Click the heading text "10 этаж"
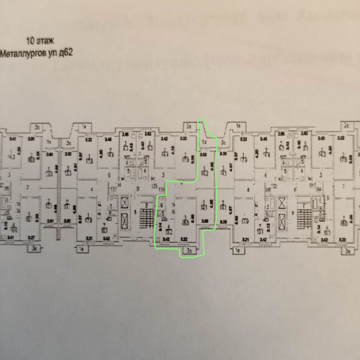click(40, 41)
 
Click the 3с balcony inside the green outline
click(190, 251)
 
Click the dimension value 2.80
click(49, 154)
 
